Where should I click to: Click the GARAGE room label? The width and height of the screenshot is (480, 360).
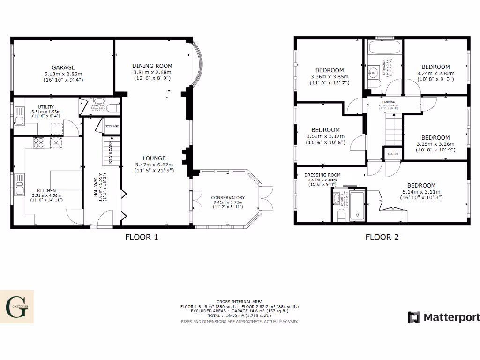click(x=63, y=67)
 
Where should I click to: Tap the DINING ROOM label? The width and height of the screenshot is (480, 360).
click(x=152, y=66)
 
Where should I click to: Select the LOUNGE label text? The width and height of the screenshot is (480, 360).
click(x=154, y=158)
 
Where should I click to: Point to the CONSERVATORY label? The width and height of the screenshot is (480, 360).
click(x=228, y=197)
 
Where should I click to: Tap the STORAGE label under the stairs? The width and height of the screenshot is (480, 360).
click(x=112, y=126)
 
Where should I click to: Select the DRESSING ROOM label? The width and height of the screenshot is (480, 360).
click(x=324, y=175)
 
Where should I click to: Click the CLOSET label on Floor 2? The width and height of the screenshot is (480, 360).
click(x=393, y=153)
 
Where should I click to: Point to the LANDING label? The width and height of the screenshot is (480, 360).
click(x=389, y=102)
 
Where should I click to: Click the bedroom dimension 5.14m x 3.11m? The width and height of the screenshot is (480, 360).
click(x=421, y=191)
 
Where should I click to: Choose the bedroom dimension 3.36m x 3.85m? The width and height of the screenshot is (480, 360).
click(x=330, y=77)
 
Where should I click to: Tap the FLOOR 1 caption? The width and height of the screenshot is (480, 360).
click(x=142, y=237)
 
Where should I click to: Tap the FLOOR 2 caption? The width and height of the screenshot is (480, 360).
click(x=382, y=237)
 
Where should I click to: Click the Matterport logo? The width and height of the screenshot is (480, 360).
click(x=443, y=317)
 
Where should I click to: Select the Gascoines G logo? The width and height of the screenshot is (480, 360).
click(x=17, y=307)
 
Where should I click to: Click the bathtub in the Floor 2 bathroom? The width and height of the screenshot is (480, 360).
click(x=384, y=47)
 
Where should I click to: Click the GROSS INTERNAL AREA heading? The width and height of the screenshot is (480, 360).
click(x=240, y=301)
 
